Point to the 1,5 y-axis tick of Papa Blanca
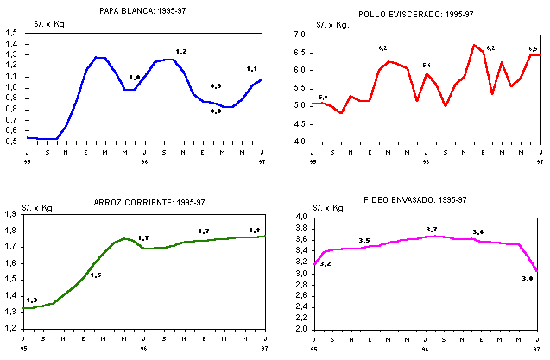13,33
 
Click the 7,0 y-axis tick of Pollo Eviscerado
301,35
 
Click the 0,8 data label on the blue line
216,111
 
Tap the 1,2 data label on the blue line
180,52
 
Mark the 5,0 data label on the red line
323,97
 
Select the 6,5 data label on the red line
533,49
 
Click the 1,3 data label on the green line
32,300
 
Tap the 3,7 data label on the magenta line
432,229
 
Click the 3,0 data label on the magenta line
528,278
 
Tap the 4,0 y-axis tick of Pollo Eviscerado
301,141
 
